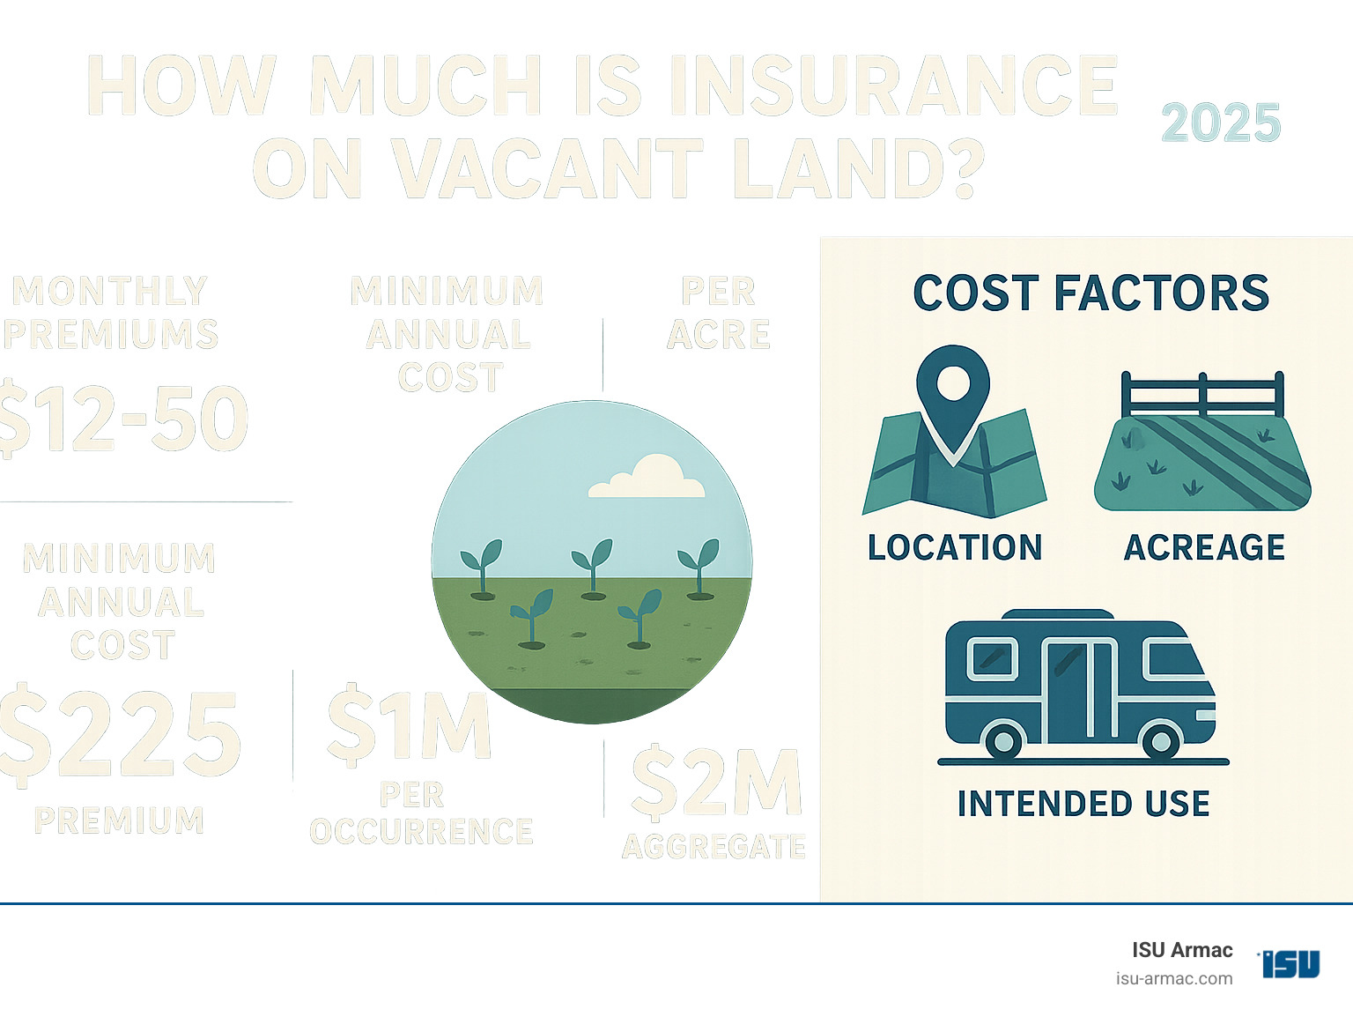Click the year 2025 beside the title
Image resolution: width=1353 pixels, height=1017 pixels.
point(1220,123)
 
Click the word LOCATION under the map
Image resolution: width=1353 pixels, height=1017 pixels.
point(955,547)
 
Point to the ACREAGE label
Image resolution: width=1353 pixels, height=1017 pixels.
point(1204,547)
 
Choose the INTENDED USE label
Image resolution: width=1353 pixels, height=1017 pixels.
point(1083,804)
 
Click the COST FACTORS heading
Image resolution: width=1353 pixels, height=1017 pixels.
point(1091,293)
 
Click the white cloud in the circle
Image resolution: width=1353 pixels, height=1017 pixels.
point(647,478)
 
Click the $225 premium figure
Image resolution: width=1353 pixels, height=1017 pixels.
point(121,733)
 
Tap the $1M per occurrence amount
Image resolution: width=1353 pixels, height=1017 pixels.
point(408,724)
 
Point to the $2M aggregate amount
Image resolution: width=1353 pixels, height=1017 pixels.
point(716,783)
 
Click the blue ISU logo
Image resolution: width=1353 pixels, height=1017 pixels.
point(1290,963)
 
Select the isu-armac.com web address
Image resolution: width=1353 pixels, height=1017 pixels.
point(1173,978)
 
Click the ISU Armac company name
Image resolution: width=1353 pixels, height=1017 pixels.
point(1182,950)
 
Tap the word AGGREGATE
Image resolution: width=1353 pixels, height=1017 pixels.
point(713,847)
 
